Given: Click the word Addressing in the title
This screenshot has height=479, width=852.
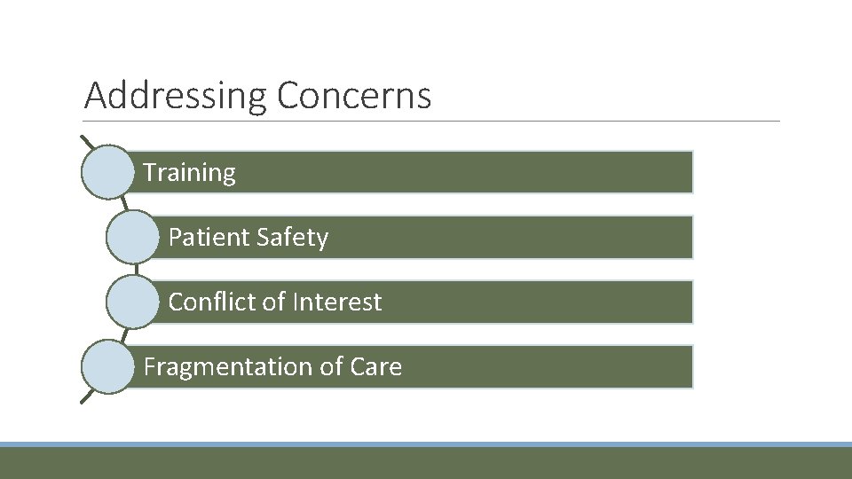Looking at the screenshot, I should (x=176, y=96).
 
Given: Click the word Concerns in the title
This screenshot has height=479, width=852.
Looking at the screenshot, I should (x=353, y=95).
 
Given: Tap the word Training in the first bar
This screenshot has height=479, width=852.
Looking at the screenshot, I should (x=189, y=172).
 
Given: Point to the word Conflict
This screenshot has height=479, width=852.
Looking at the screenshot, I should (x=212, y=302).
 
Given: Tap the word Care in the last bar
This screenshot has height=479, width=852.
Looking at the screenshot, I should (x=375, y=367).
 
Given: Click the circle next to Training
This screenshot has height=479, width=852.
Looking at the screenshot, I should (x=107, y=172).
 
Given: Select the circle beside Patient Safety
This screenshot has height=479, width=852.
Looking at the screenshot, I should (x=132, y=237).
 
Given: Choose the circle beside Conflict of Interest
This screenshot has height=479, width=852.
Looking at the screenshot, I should (x=132, y=302).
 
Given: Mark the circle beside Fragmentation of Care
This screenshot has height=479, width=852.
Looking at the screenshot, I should (x=107, y=366).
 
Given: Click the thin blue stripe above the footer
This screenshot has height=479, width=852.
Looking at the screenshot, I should (x=426, y=444).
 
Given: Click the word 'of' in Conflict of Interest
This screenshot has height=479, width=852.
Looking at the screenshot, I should (x=273, y=302).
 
